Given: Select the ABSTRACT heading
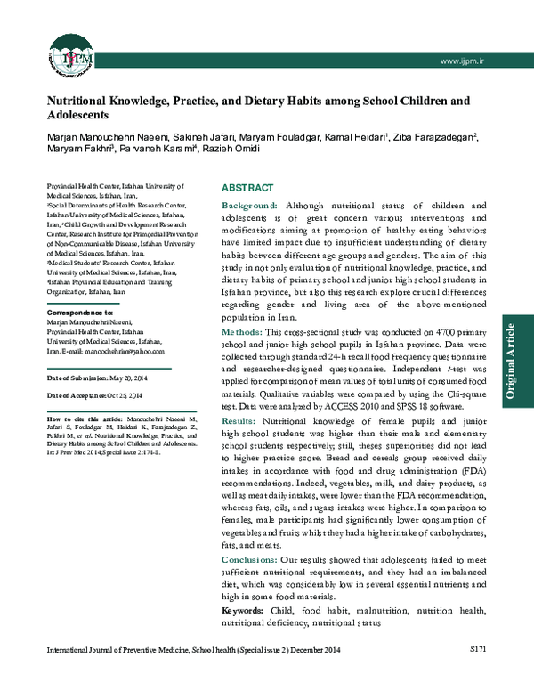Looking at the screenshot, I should [x=245, y=189].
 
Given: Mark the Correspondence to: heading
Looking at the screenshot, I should [x=79, y=313].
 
